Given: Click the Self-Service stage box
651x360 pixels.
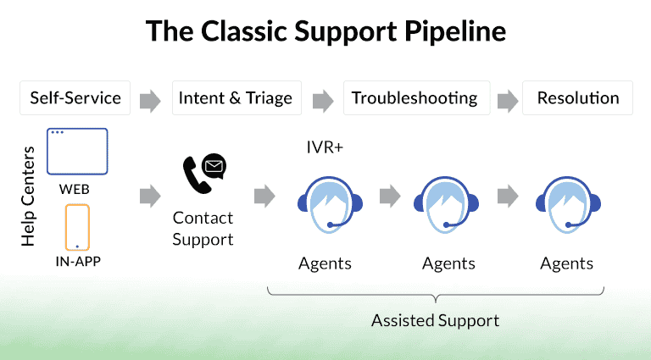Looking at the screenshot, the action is pyautogui.click(x=75, y=98).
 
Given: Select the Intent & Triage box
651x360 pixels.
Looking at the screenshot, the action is pyautogui.click(x=236, y=98).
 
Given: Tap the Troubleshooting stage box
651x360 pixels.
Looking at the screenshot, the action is pyautogui.click(x=416, y=98).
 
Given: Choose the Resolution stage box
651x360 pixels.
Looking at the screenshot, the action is pyautogui.click(x=577, y=98).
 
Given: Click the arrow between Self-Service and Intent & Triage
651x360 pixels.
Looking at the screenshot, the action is pyautogui.click(x=150, y=101).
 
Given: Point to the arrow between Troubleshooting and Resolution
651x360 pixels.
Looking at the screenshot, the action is pyautogui.click(x=508, y=101).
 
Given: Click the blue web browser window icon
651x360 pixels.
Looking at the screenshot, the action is pyautogui.click(x=77, y=152).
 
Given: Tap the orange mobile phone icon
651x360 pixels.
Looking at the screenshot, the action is pyautogui.click(x=77, y=227).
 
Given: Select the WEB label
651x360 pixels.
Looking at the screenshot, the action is pyautogui.click(x=75, y=190).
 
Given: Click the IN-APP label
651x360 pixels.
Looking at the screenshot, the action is pyautogui.click(x=78, y=261).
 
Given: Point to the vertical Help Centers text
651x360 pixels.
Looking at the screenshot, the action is pyautogui.click(x=28, y=197).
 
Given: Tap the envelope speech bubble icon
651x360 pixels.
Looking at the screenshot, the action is pyautogui.click(x=214, y=166).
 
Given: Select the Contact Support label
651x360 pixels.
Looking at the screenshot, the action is pyautogui.click(x=203, y=229).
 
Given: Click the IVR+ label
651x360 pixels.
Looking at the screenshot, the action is pyautogui.click(x=325, y=147).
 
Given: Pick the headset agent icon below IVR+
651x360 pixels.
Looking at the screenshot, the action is pyautogui.click(x=330, y=205).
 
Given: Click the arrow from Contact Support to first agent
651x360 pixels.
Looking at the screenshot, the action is pyautogui.click(x=264, y=196).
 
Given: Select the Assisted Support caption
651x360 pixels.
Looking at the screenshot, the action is pyautogui.click(x=435, y=320).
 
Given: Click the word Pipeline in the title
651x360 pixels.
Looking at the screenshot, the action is pyautogui.click(x=455, y=32).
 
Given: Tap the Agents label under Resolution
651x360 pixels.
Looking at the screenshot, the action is pyautogui.click(x=567, y=263).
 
